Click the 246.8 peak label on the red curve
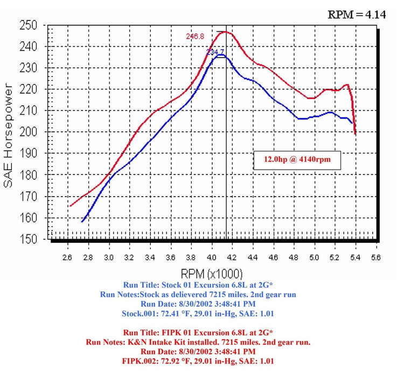[195, 37]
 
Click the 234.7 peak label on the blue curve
[215, 52]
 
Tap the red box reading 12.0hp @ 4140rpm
[297, 160]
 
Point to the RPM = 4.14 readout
[357, 15]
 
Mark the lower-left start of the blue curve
[82, 221]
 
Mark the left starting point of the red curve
[70, 206]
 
